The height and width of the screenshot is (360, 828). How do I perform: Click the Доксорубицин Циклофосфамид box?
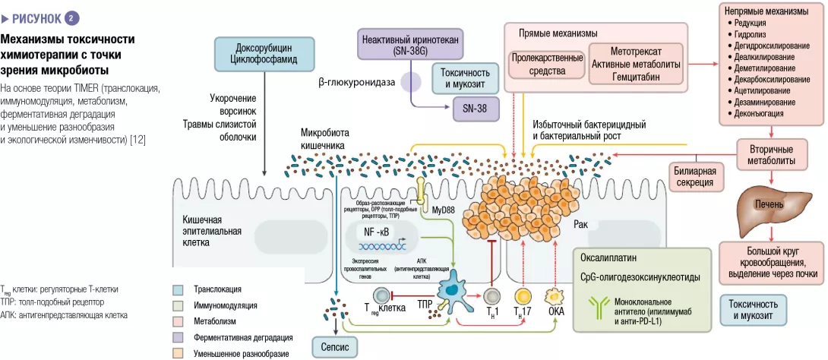pyautogui.click(x=263, y=54)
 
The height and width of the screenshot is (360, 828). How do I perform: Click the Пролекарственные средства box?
pyautogui.click(x=547, y=65)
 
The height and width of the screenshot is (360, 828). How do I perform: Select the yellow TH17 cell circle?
pyautogui.click(x=522, y=297)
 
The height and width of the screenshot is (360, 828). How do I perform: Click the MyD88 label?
pyautogui.click(x=444, y=209)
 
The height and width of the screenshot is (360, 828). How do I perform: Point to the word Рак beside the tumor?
pyautogui.click(x=581, y=225)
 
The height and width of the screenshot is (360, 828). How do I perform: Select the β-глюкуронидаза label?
pyautogui.click(x=356, y=81)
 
